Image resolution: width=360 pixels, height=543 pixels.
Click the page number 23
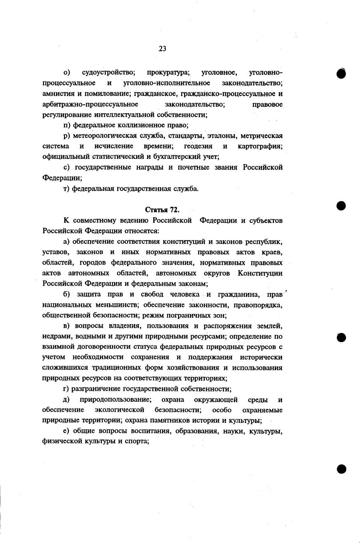(162, 49)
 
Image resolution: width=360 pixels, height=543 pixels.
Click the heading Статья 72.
(162, 210)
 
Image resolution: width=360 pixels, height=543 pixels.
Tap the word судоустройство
(108, 72)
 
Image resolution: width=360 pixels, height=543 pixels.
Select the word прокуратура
(168, 72)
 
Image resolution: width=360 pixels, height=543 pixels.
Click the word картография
(260, 146)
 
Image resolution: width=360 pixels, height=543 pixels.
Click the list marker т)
(67, 188)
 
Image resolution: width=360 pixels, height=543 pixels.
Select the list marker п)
(67, 125)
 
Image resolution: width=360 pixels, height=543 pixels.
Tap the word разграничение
(95, 389)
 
